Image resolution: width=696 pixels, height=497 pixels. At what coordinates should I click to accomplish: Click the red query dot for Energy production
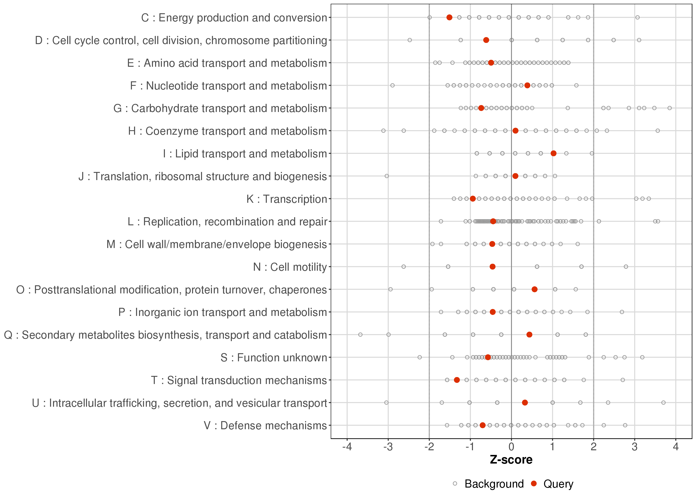[x=449, y=17]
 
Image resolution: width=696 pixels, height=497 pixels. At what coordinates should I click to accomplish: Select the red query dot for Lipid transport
[x=553, y=153]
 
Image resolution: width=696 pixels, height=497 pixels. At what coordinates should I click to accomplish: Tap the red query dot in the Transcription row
[x=473, y=199]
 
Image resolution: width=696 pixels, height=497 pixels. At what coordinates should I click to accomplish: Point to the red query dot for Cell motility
[x=493, y=267]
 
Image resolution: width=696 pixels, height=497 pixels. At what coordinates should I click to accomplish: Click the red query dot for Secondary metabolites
[x=529, y=334]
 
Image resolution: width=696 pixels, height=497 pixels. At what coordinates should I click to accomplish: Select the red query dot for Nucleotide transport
[x=527, y=85]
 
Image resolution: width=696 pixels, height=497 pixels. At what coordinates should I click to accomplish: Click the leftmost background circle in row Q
[x=360, y=334]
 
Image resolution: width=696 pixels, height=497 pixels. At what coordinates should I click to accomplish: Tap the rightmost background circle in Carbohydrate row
[x=669, y=108]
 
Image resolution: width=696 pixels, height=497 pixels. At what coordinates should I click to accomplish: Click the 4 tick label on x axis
[x=676, y=447]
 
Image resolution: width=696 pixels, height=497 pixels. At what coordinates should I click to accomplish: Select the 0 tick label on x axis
[x=511, y=447]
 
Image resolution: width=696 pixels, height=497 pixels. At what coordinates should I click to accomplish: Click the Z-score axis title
[x=511, y=460]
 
